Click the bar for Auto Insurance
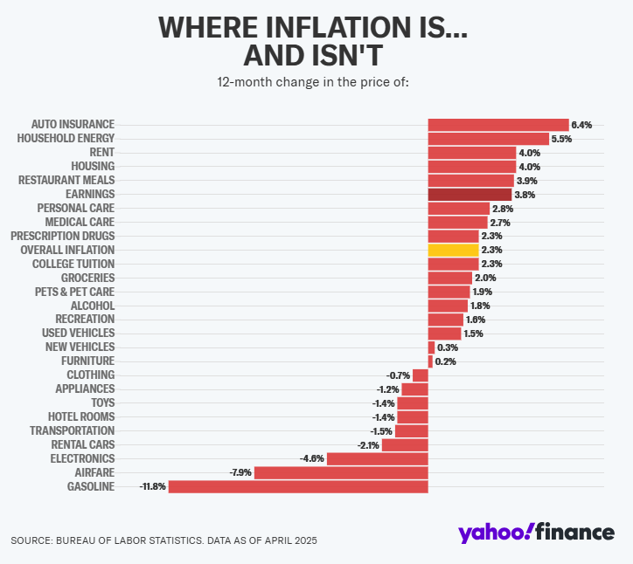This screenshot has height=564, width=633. (498, 125)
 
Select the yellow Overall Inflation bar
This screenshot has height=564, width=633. (453, 250)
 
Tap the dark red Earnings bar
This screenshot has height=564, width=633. (470, 194)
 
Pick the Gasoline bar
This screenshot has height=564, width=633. (298, 486)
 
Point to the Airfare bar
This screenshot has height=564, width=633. (341, 472)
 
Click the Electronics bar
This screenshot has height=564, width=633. (378, 458)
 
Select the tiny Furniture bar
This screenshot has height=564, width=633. (430, 361)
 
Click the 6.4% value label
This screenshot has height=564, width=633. (581, 125)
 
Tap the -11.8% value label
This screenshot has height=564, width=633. (153, 486)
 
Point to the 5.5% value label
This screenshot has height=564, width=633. (561, 139)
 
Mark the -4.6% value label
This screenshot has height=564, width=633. (312, 458)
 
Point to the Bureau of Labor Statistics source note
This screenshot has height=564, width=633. (163, 540)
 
